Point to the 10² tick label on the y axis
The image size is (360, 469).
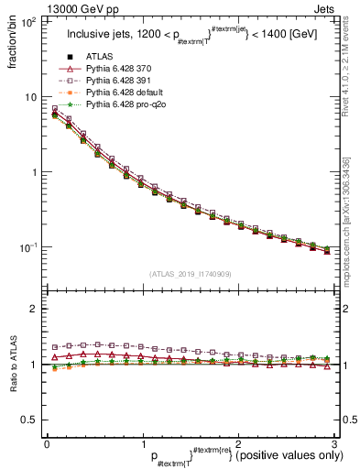[28, 21]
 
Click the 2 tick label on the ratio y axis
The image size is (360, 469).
[34, 310]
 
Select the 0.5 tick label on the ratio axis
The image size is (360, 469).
[30, 420]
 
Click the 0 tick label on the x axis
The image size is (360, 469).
[48, 442]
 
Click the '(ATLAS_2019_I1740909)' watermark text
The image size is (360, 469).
[190, 274]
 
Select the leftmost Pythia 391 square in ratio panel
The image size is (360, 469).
[55, 347]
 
